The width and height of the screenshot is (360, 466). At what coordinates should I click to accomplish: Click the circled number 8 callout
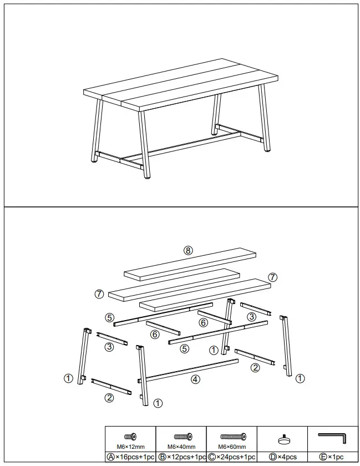click(x=188, y=250)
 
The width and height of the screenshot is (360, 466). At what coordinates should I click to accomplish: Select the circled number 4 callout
click(x=195, y=379)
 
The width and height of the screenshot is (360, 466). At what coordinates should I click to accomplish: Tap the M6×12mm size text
click(x=130, y=447)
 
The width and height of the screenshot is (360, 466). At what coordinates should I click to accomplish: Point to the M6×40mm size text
click(x=181, y=447)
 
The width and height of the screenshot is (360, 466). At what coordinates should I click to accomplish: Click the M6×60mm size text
click(x=232, y=447)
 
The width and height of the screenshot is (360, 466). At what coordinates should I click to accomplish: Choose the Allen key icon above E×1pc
click(x=332, y=438)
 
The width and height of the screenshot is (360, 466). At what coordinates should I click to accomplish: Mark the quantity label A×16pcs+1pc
click(x=130, y=457)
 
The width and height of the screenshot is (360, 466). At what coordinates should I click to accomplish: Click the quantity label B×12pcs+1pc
click(x=181, y=457)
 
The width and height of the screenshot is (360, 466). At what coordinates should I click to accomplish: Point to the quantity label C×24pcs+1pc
click(x=232, y=457)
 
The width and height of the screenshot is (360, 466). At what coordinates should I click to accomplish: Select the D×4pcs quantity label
click(x=282, y=457)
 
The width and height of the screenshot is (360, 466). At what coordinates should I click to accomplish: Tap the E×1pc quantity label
click(x=332, y=457)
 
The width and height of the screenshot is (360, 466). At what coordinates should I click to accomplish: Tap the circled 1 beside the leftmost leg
click(x=68, y=378)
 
